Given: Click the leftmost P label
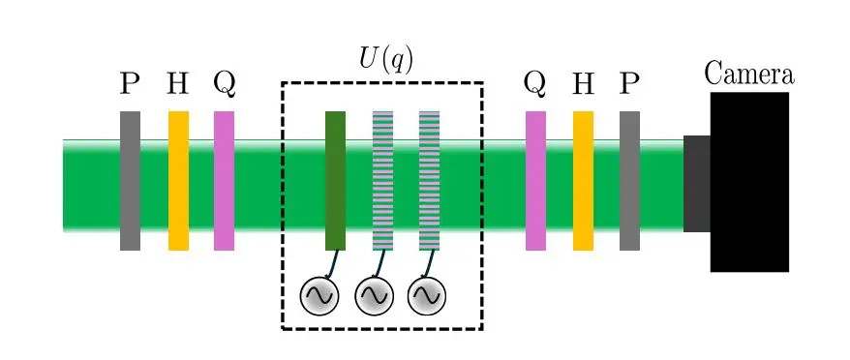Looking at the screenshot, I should coord(130,84).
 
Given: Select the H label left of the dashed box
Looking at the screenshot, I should coord(177,84).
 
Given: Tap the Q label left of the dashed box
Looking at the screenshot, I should coord(224,85).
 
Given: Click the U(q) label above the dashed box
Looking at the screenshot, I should coord(385,59).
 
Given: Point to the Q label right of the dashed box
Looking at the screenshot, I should coord(534,85).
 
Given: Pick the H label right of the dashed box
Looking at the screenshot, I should coord(582,84).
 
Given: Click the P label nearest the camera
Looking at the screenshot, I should coord(629,84).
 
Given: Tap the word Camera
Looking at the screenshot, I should coord(748,74).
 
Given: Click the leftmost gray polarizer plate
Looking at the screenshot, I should coord(130,181).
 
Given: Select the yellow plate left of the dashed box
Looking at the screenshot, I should coord(178,181).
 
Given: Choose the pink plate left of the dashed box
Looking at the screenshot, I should coord(224,181).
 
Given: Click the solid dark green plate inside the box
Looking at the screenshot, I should coord(335,181).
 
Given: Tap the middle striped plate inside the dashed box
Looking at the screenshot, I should coord(382,181).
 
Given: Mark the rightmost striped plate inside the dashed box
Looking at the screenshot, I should coord(429,181).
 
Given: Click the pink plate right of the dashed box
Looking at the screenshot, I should coord(535,181).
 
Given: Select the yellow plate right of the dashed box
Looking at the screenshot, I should coord(583,181).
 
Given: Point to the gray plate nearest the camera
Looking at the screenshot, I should coord(629,181).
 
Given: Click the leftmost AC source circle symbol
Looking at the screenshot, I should coord(319,296).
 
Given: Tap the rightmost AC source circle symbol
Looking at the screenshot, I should coord(426,296).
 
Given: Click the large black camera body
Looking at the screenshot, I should coord(749,182).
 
